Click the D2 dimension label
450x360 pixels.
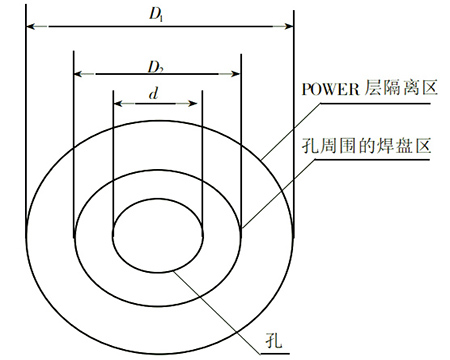tap(155, 67)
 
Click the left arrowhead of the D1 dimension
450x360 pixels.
tap(27, 23)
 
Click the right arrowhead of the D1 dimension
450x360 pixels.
tap(291, 23)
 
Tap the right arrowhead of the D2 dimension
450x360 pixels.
tap(238, 73)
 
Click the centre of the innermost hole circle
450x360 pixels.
tap(158, 239)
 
